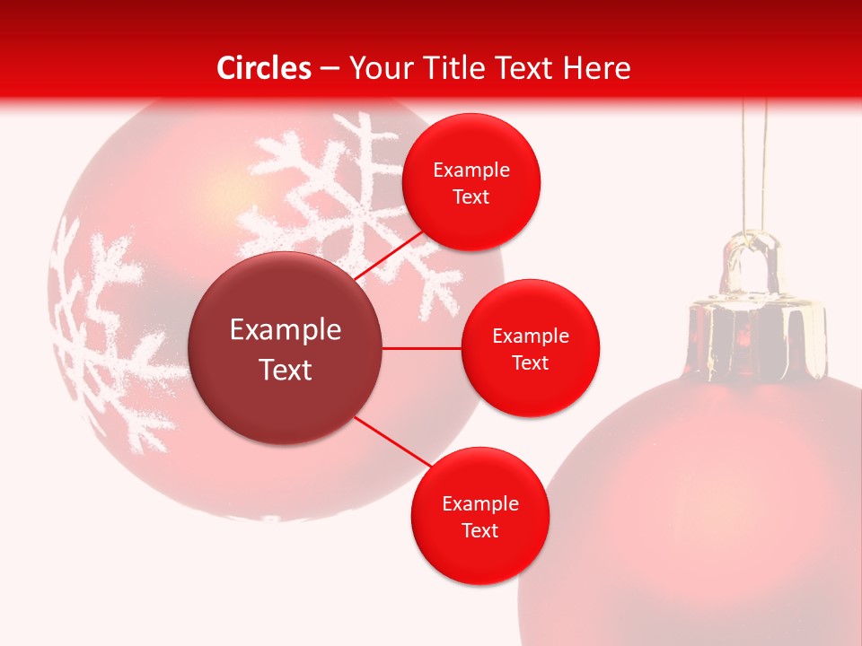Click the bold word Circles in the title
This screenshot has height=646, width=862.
click(263, 68)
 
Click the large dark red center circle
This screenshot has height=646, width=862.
click(285, 348)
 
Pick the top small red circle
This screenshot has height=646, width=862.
click(471, 182)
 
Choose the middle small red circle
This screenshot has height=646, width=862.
click(530, 348)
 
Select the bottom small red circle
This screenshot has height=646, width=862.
click(479, 516)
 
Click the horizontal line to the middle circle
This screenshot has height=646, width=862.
click(421, 348)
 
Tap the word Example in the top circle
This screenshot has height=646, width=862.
click(471, 170)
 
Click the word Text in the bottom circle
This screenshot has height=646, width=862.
click(479, 530)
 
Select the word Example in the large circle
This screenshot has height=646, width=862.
click(285, 330)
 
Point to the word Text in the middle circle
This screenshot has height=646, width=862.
click(530, 362)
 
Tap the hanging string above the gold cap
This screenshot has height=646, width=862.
click(753, 161)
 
